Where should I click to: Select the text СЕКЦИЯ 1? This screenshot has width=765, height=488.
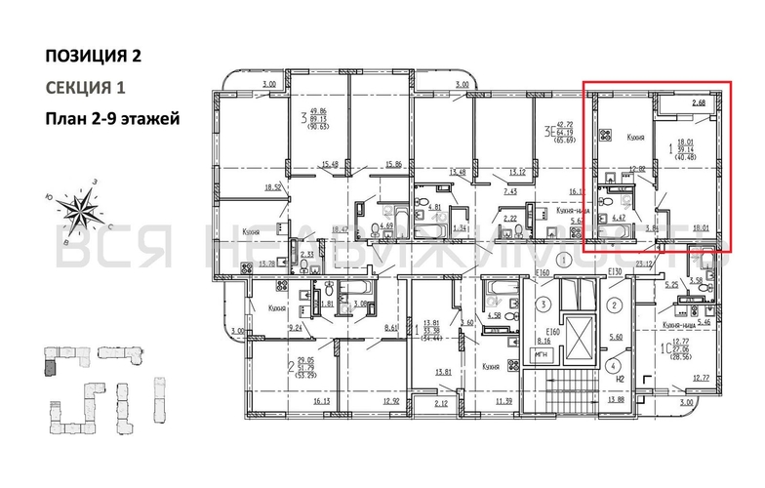coord(86,88)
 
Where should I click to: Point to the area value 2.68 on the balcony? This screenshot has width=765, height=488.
coord(699,102)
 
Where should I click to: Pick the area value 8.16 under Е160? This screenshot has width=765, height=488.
coord(544,342)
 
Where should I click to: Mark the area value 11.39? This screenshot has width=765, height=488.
coord(503,400)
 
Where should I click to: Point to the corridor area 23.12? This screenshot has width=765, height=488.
coord(643,263)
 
